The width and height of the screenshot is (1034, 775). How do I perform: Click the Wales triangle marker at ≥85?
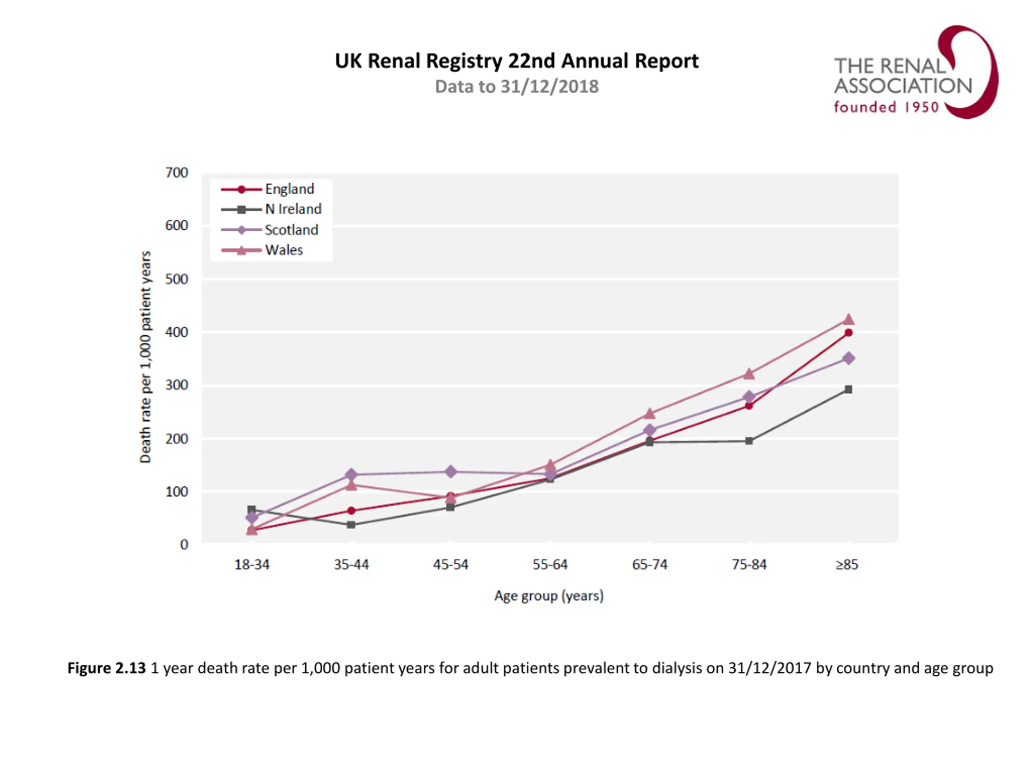[849, 320]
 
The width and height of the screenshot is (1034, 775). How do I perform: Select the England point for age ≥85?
[849, 333]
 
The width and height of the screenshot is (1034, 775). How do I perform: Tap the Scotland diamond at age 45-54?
[451, 471]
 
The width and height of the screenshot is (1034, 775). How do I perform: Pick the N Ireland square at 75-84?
[749, 440]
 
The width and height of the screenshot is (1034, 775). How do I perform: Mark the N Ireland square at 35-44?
[351, 525]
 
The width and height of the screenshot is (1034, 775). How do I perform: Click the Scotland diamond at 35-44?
[351, 475]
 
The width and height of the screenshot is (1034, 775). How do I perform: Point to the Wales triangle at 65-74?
[649, 413]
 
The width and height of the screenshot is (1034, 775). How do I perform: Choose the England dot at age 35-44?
[351, 511]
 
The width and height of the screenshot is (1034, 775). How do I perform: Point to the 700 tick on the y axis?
[177, 173]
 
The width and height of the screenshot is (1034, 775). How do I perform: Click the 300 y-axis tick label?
[177, 385]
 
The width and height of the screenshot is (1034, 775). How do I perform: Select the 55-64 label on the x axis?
[550, 565]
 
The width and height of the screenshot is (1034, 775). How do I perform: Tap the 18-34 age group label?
[252, 565]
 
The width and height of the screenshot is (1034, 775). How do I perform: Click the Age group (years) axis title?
[549, 596]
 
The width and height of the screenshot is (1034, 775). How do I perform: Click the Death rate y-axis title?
[145, 357]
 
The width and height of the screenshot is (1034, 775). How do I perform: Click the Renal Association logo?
[915, 72]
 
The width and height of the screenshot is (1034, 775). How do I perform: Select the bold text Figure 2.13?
[107, 668]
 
